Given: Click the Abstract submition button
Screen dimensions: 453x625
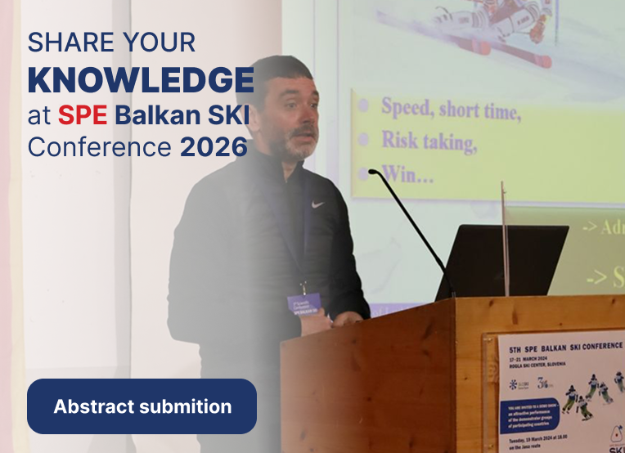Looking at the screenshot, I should (x=142, y=406).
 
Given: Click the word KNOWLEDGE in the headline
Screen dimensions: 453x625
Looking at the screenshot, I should (x=141, y=80).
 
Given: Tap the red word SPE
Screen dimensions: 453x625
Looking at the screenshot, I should (x=83, y=115).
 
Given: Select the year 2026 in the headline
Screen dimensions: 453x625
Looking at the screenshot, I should (x=214, y=148).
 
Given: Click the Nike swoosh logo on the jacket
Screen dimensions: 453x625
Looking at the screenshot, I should (x=317, y=204).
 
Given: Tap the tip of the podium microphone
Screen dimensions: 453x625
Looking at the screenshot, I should (x=372, y=172).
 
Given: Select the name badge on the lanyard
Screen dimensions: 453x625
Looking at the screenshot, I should (x=304, y=303).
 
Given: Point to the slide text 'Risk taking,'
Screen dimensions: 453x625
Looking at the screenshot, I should (x=429, y=141).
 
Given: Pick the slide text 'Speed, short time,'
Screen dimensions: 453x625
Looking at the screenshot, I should (x=450, y=107).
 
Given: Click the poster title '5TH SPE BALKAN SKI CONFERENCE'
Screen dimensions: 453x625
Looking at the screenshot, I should (x=560, y=344).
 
